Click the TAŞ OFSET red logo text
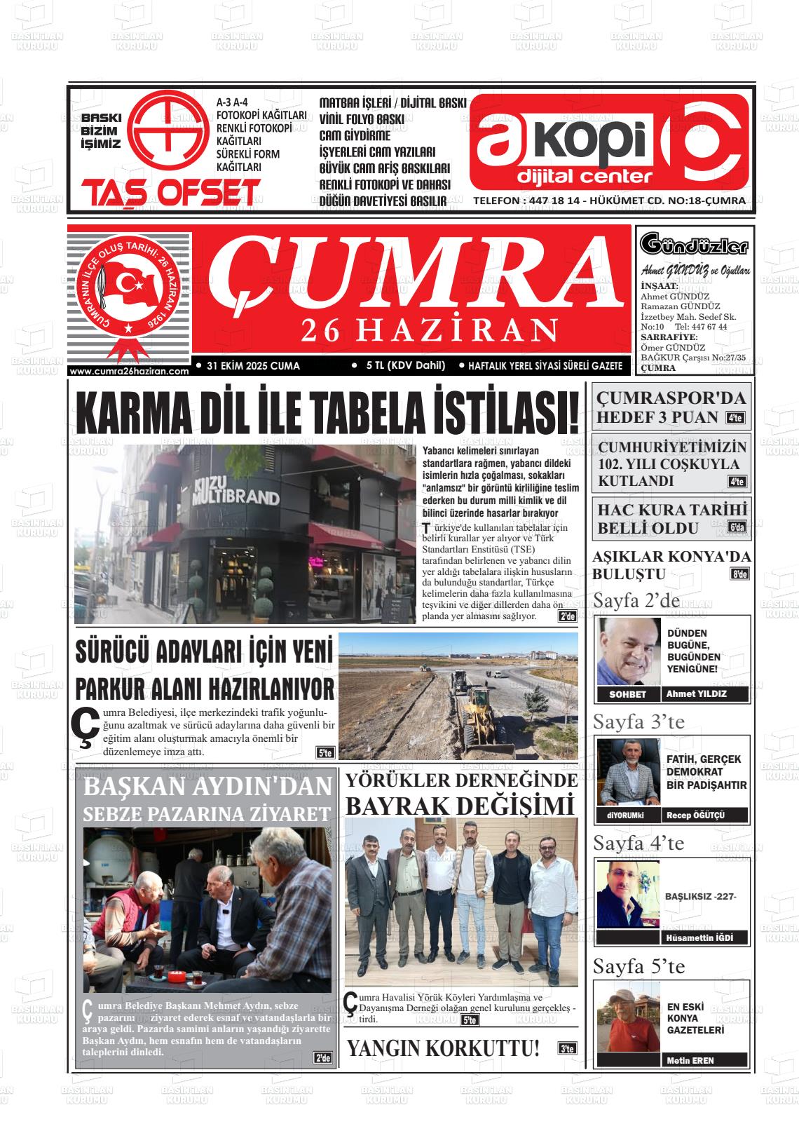pos(170,193)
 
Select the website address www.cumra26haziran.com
pos(130,371)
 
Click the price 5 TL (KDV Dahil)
pos(406,365)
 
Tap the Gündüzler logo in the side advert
pos(694,246)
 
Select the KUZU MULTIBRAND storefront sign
pos(235,491)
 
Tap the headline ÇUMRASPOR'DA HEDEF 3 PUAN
pos(670,407)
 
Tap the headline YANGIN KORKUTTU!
pos(444,1048)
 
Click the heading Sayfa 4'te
pos(638,843)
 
